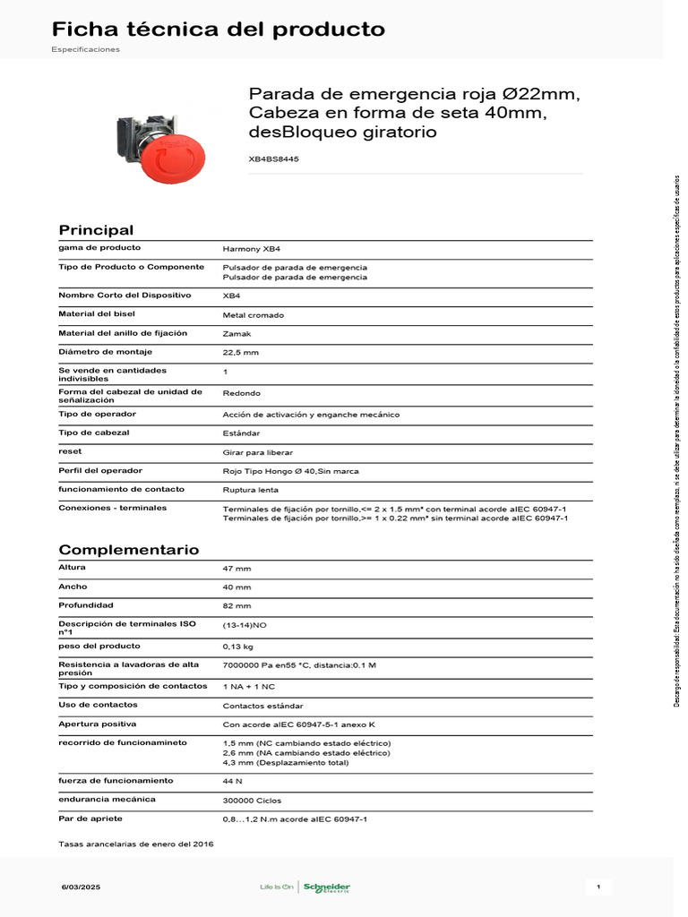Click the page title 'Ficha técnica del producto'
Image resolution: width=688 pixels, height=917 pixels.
[x=219, y=30]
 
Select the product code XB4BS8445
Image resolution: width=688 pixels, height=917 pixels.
[x=273, y=159]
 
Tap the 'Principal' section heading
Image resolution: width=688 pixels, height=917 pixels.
[x=96, y=230]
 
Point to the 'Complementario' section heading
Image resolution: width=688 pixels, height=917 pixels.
[x=129, y=550]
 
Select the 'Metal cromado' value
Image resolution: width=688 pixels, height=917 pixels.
[x=253, y=315]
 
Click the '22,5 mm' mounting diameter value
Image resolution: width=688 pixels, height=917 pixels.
[x=240, y=353]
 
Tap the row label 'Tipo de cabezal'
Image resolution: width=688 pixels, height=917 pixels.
[x=94, y=433]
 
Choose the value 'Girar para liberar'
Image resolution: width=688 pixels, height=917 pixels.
[x=258, y=452]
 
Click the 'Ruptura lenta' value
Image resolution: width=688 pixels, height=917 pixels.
[x=250, y=490]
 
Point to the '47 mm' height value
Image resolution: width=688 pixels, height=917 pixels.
[x=236, y=569]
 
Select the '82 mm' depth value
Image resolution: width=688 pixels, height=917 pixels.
[x=236, y=606]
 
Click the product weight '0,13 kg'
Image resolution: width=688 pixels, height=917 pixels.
[x=238, y=646]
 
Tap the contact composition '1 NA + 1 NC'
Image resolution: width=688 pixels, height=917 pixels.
[x=248, y=687]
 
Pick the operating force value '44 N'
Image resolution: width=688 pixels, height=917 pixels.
[x=232, y=781]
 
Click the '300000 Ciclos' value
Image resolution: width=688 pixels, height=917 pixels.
[x=252, y=800]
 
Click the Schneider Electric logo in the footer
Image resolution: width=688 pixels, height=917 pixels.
[x=326, y=887]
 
